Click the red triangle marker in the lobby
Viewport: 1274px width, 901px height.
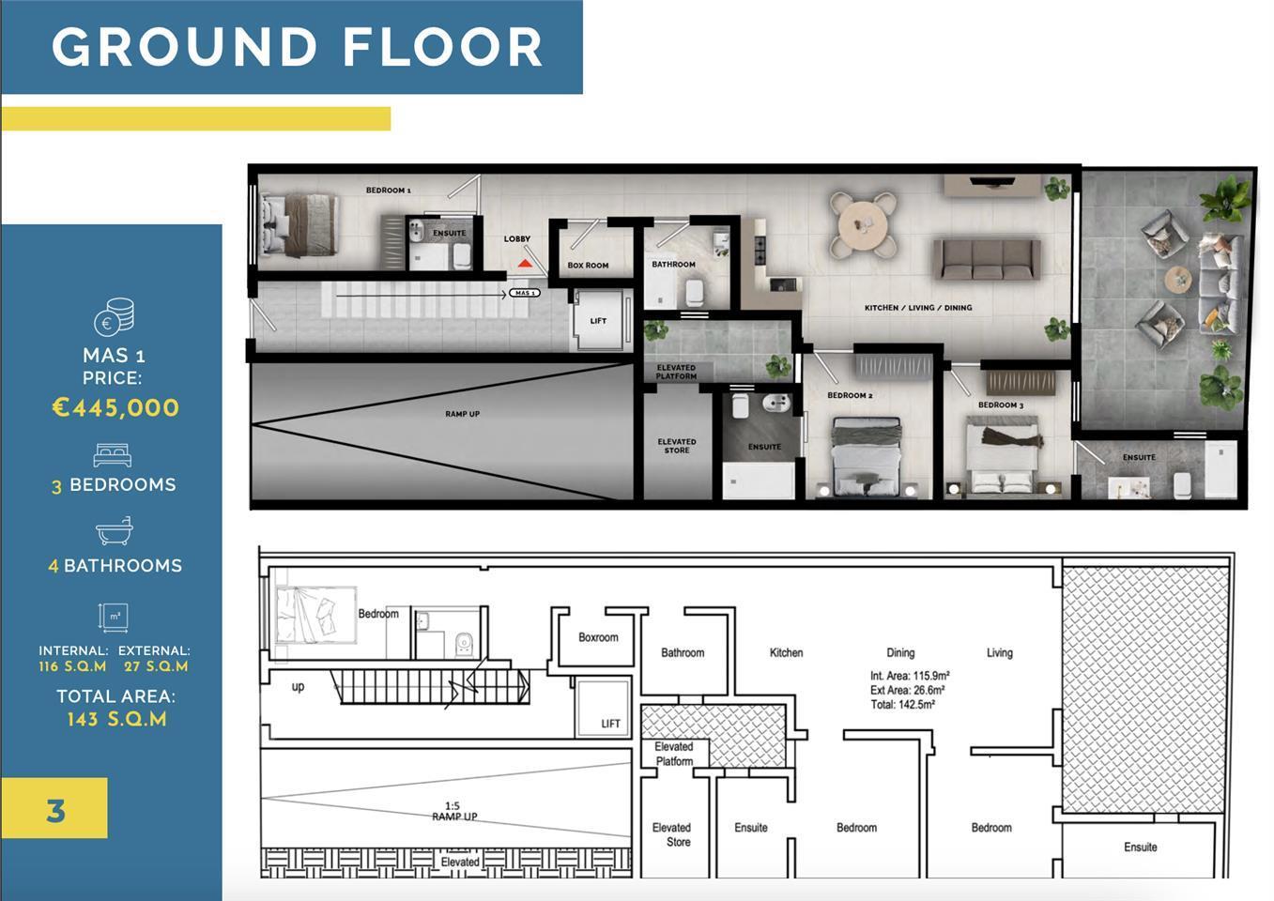tap(525, 263)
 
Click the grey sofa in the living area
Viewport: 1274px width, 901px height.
tap(987, 260)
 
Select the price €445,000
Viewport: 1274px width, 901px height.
tap(115, 407)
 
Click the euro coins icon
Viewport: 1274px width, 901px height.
tap(115, 316)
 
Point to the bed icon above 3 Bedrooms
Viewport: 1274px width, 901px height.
tap(113, 455)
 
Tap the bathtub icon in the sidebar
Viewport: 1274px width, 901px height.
tap(115, 531)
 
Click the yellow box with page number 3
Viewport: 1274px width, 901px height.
tap(54, 808)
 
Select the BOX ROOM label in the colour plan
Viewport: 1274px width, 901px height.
tap(588, 266)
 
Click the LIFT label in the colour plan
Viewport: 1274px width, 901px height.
tap(598, 321)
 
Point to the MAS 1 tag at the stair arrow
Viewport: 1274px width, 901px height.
tap(525, 293)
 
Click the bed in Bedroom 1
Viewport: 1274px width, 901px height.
tap(299, 224)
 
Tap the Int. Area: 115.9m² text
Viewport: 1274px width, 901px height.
tap(910, 676)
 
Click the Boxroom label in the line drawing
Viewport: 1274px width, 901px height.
tap(598, 637)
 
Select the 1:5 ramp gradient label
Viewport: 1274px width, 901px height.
tap(453, 805)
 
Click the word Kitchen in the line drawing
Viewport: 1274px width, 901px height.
tap(786, 652)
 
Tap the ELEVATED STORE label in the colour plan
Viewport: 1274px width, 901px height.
tap(677, 446)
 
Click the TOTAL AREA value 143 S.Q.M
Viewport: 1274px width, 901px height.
tap(116, 719)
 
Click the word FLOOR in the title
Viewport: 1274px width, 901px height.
tap(442, 47)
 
